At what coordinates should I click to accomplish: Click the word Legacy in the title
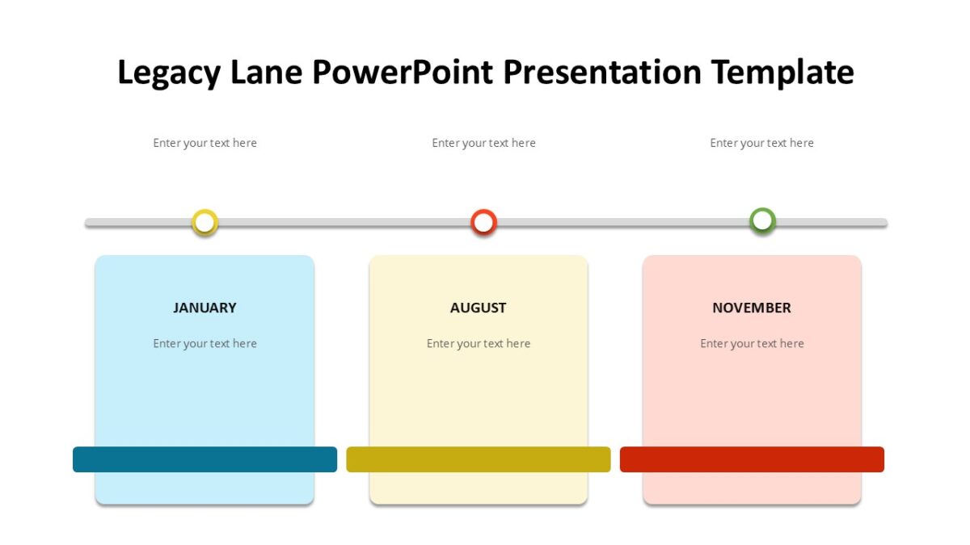click(169, 73)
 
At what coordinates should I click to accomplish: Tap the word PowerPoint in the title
click(403, 73)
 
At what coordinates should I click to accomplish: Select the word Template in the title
click(782, 73)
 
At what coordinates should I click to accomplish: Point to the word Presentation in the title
click(602, 73)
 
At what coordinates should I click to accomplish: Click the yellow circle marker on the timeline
click(205, 222)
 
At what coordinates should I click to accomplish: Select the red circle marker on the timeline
click(483, 222)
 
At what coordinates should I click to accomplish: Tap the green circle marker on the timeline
click(762, 221)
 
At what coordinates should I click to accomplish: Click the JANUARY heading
click(205, 308)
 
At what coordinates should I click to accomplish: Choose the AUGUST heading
click(478, 308)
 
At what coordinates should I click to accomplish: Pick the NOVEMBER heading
click(752, 308)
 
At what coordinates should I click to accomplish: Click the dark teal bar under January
click(205, 459)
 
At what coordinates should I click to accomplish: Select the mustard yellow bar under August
click(478, 459)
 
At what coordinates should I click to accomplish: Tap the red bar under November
click(752, 459)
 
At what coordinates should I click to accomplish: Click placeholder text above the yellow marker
click(205, 143)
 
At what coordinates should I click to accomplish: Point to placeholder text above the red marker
click(483, 143)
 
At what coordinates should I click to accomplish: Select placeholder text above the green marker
click(761, 143)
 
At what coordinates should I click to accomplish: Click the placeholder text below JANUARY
click(205, 343)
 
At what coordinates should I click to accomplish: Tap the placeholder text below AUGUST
click(478, 343)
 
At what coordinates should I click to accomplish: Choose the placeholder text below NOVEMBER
click(752, 343)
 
